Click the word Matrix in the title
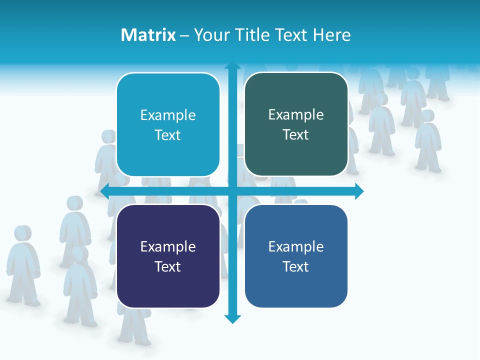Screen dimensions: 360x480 click(148, 35)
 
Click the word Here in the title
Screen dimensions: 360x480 click(331, 35)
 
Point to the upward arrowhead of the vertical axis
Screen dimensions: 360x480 click(232, 65)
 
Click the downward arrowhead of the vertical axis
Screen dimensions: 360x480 click(232, 319)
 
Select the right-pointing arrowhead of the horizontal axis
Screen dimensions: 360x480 click(359, 191)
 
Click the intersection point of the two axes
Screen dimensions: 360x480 click(232, 191)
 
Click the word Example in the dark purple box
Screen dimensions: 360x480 click(168, 246)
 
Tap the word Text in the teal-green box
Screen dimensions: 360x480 click(296, 135)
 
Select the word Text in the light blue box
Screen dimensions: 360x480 click(168, 135)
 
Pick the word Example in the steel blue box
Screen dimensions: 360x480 click(296, 246)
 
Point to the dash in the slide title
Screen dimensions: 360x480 click(185, 35)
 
